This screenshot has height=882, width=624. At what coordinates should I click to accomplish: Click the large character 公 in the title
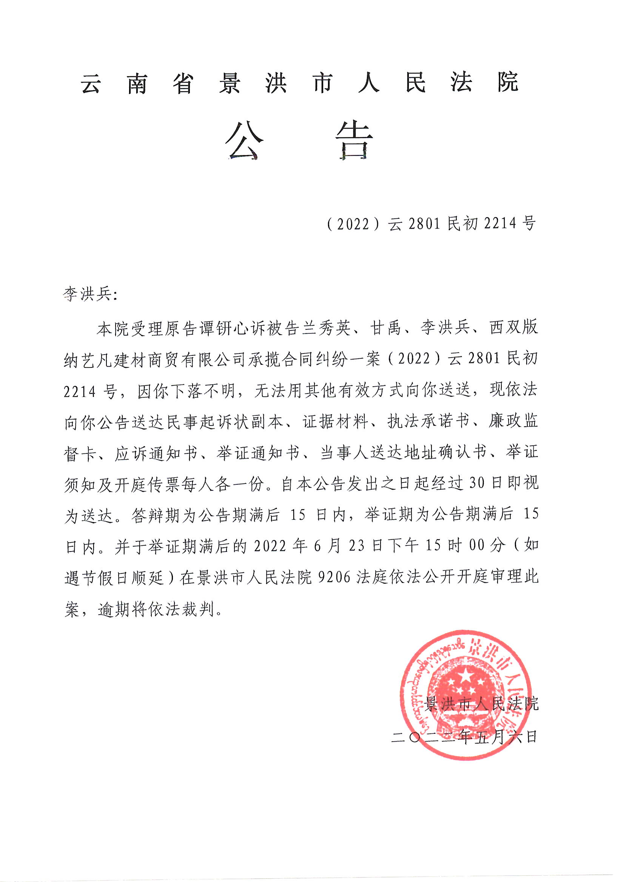244,140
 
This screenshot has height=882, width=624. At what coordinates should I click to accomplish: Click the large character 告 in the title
354,140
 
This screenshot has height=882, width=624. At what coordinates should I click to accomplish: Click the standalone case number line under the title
431,223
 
